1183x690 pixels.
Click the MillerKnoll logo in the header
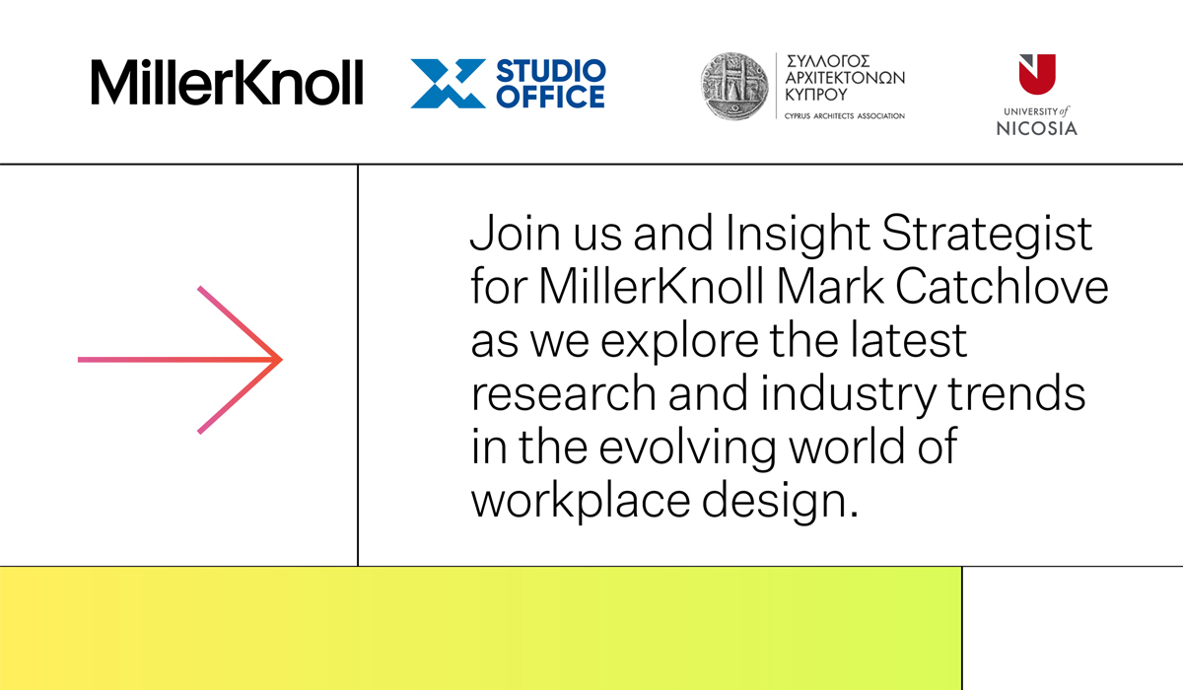pyautogui.click(x=227, y=82)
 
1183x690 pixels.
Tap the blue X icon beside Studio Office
pyautogui.click(x=448, y=84)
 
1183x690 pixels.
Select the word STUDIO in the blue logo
pyautogui.click(x=551, y=71)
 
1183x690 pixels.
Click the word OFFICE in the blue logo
pyautogui.click(x=551, y=97)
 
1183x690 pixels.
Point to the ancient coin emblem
pyautogui.click(x=734, y=86)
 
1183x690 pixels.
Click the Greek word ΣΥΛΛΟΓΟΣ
pyautogui.click(x=827, y=61)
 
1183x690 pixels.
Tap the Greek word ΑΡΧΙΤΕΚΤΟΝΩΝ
pyautogui.click(x=845, y=78)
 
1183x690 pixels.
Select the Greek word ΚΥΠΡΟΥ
pyautogui.click(x=816, y=95)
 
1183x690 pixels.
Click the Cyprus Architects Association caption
pyautogui.click(x=845, y=116)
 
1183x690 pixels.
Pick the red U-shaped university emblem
pyautogui.click(x=1037, y=74)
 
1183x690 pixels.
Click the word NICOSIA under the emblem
pyautogui.click(x=1037, y=128)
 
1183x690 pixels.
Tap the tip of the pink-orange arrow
pyautogui.click(x=282, y=360)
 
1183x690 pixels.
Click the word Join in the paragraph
pyautogui.click(x=515, y=234)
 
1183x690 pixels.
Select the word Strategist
pyautogui.click(x=987, y=235)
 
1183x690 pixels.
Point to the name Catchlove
pyautogui.click(x=1002, y=287)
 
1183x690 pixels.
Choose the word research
pyautogui.click(x=564, y=393)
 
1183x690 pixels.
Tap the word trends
pyautogui.click(x=1016, y=393)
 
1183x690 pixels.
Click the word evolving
pyautogui.click(x=687, y=448)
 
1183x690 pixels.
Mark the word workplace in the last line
pyautogui.click(x=581, y=502)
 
